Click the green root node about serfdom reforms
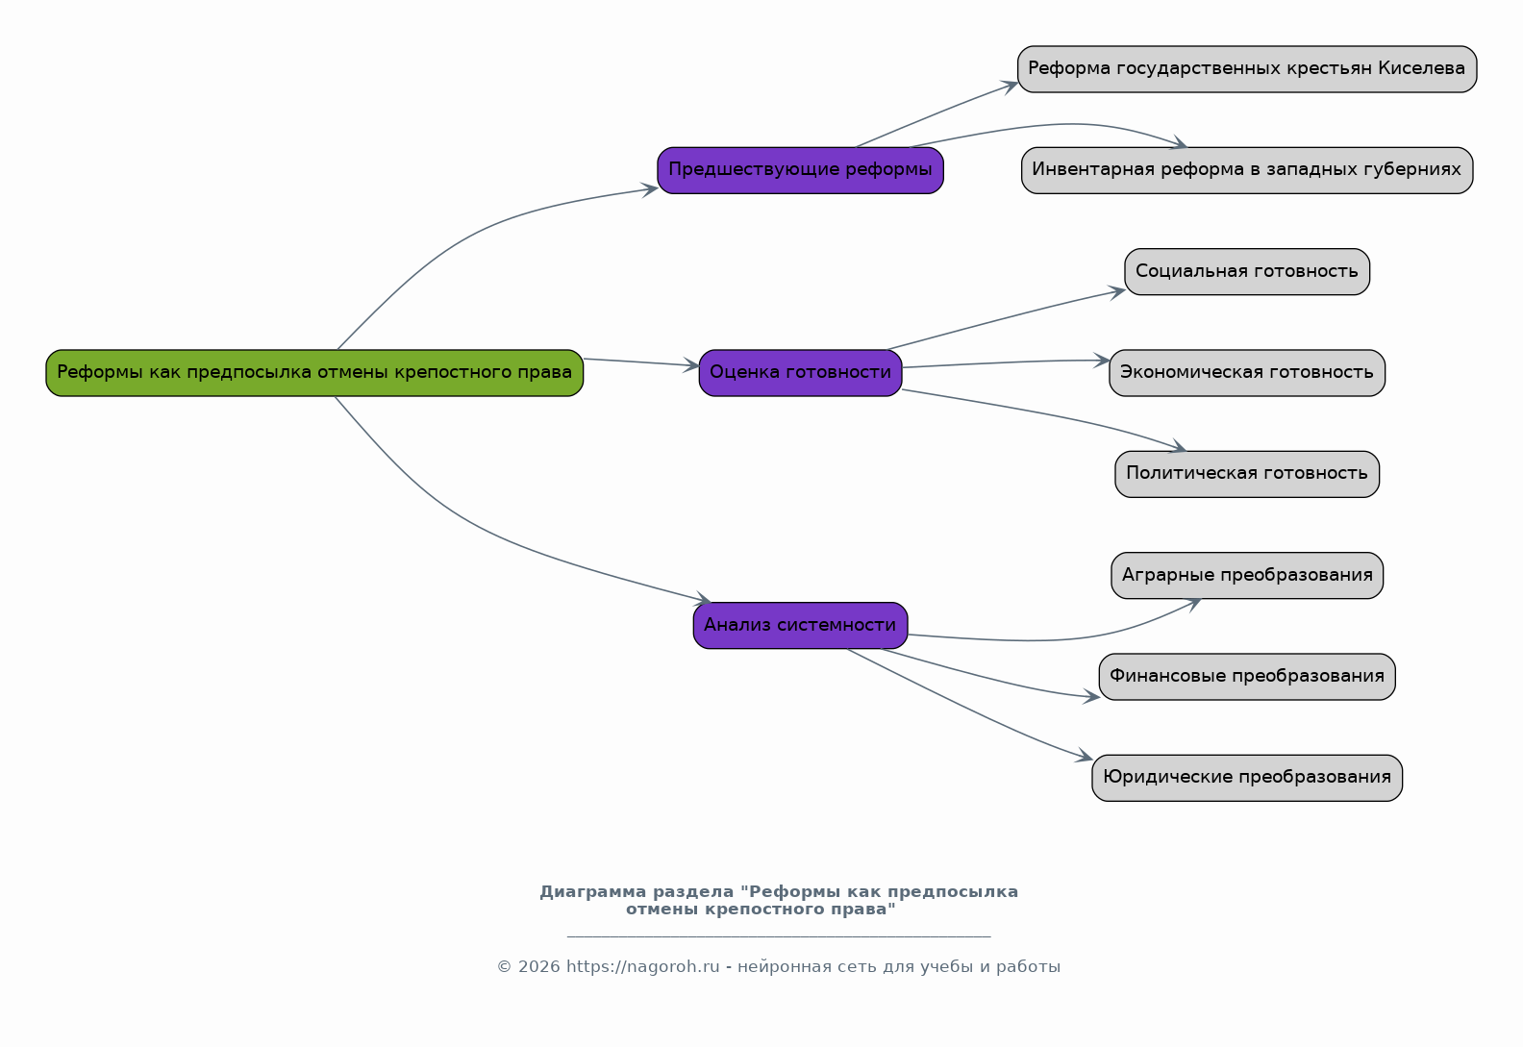[x=314, y=373]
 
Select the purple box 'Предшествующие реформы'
[x=801, y=170]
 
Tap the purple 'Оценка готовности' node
[x=801, y=373]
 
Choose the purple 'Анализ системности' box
[x=801, y=626]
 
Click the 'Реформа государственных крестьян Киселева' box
[x=1248, y=69]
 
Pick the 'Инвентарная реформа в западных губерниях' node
[x=1248, y=170]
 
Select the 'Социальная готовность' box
[x=1248, y=272]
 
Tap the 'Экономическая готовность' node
[x=1248, y=373]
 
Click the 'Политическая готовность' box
[x=1248, y=475]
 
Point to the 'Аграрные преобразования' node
[x=1248, y=576]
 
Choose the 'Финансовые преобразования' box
[x=1248, y=677]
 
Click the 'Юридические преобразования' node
[x=1248, y=779]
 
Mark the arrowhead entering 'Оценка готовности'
[x=691, y=365]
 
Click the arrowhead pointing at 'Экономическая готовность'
[x=1102, y=361]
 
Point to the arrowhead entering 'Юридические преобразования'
[x=1085, y=756]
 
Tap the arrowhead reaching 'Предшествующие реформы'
[x=650, y=189]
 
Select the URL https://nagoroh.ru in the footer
[x=643, y=967]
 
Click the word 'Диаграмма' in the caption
[x=593, y=892]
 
